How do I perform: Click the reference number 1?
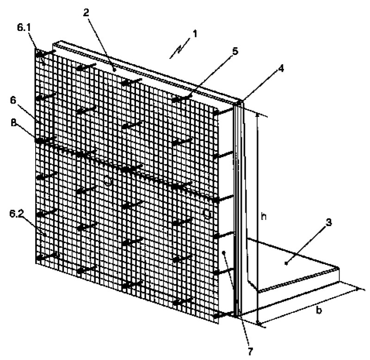coord(195,34)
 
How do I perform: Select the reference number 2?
coord(86,12)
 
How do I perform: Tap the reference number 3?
coord(329,222)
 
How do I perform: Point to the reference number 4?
coord(281,68)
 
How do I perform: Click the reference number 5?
coord(235,51)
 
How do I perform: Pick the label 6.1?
coord(24,28)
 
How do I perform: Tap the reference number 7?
coord(250,352)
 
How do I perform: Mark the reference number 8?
coord(14,123)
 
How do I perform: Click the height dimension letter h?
coord(264,216)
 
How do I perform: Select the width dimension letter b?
coord(319,310)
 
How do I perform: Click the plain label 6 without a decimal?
coord(13,100)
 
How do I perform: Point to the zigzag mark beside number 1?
coord(180,49)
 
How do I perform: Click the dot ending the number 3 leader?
coord(286,263)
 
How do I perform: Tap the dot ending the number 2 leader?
coord(114,70)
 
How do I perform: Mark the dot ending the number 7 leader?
coord(224,252)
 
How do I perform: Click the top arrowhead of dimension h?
coord(258,116)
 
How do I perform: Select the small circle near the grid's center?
coord(108,181)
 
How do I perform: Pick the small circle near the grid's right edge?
coord(207,214)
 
